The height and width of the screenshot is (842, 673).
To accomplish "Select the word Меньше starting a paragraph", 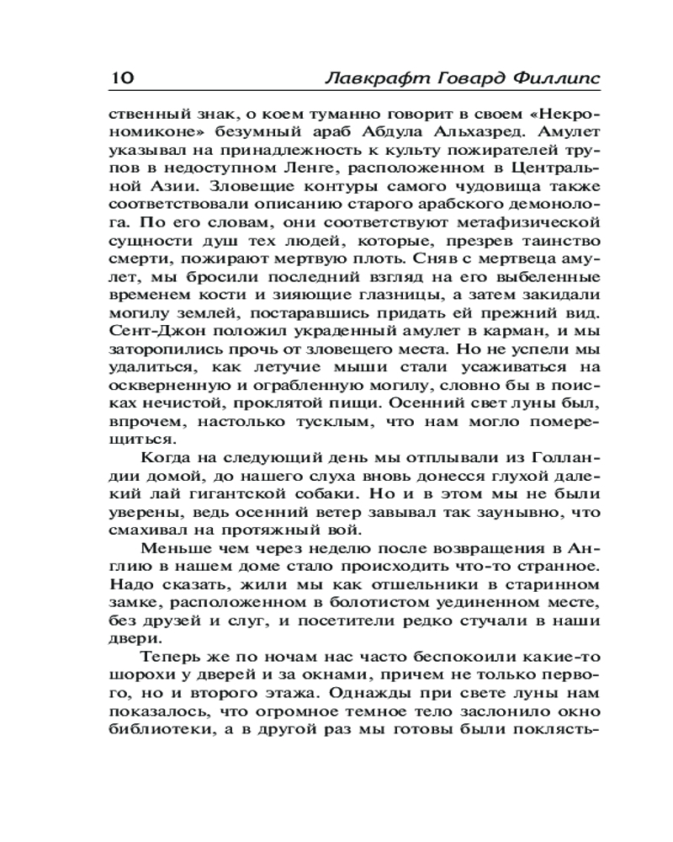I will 170,549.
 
